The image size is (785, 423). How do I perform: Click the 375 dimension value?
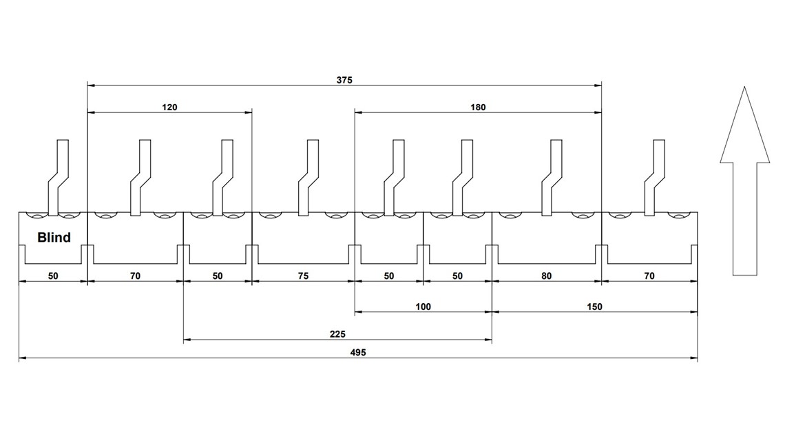344,81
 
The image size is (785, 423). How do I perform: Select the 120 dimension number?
169,107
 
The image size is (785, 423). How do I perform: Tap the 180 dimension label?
478,107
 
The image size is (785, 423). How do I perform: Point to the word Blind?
54,238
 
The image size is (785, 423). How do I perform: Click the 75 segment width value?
303,276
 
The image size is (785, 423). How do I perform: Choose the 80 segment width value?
546,276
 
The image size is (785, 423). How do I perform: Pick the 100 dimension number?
423,307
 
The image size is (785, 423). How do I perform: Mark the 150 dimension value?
595,307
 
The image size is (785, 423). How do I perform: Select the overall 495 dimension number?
357,353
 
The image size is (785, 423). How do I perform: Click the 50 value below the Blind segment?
53,276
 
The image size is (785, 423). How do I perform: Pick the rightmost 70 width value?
649,276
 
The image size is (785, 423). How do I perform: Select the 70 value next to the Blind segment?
135,276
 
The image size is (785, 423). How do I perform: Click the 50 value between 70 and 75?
218,276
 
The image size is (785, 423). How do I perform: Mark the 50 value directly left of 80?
457,276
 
